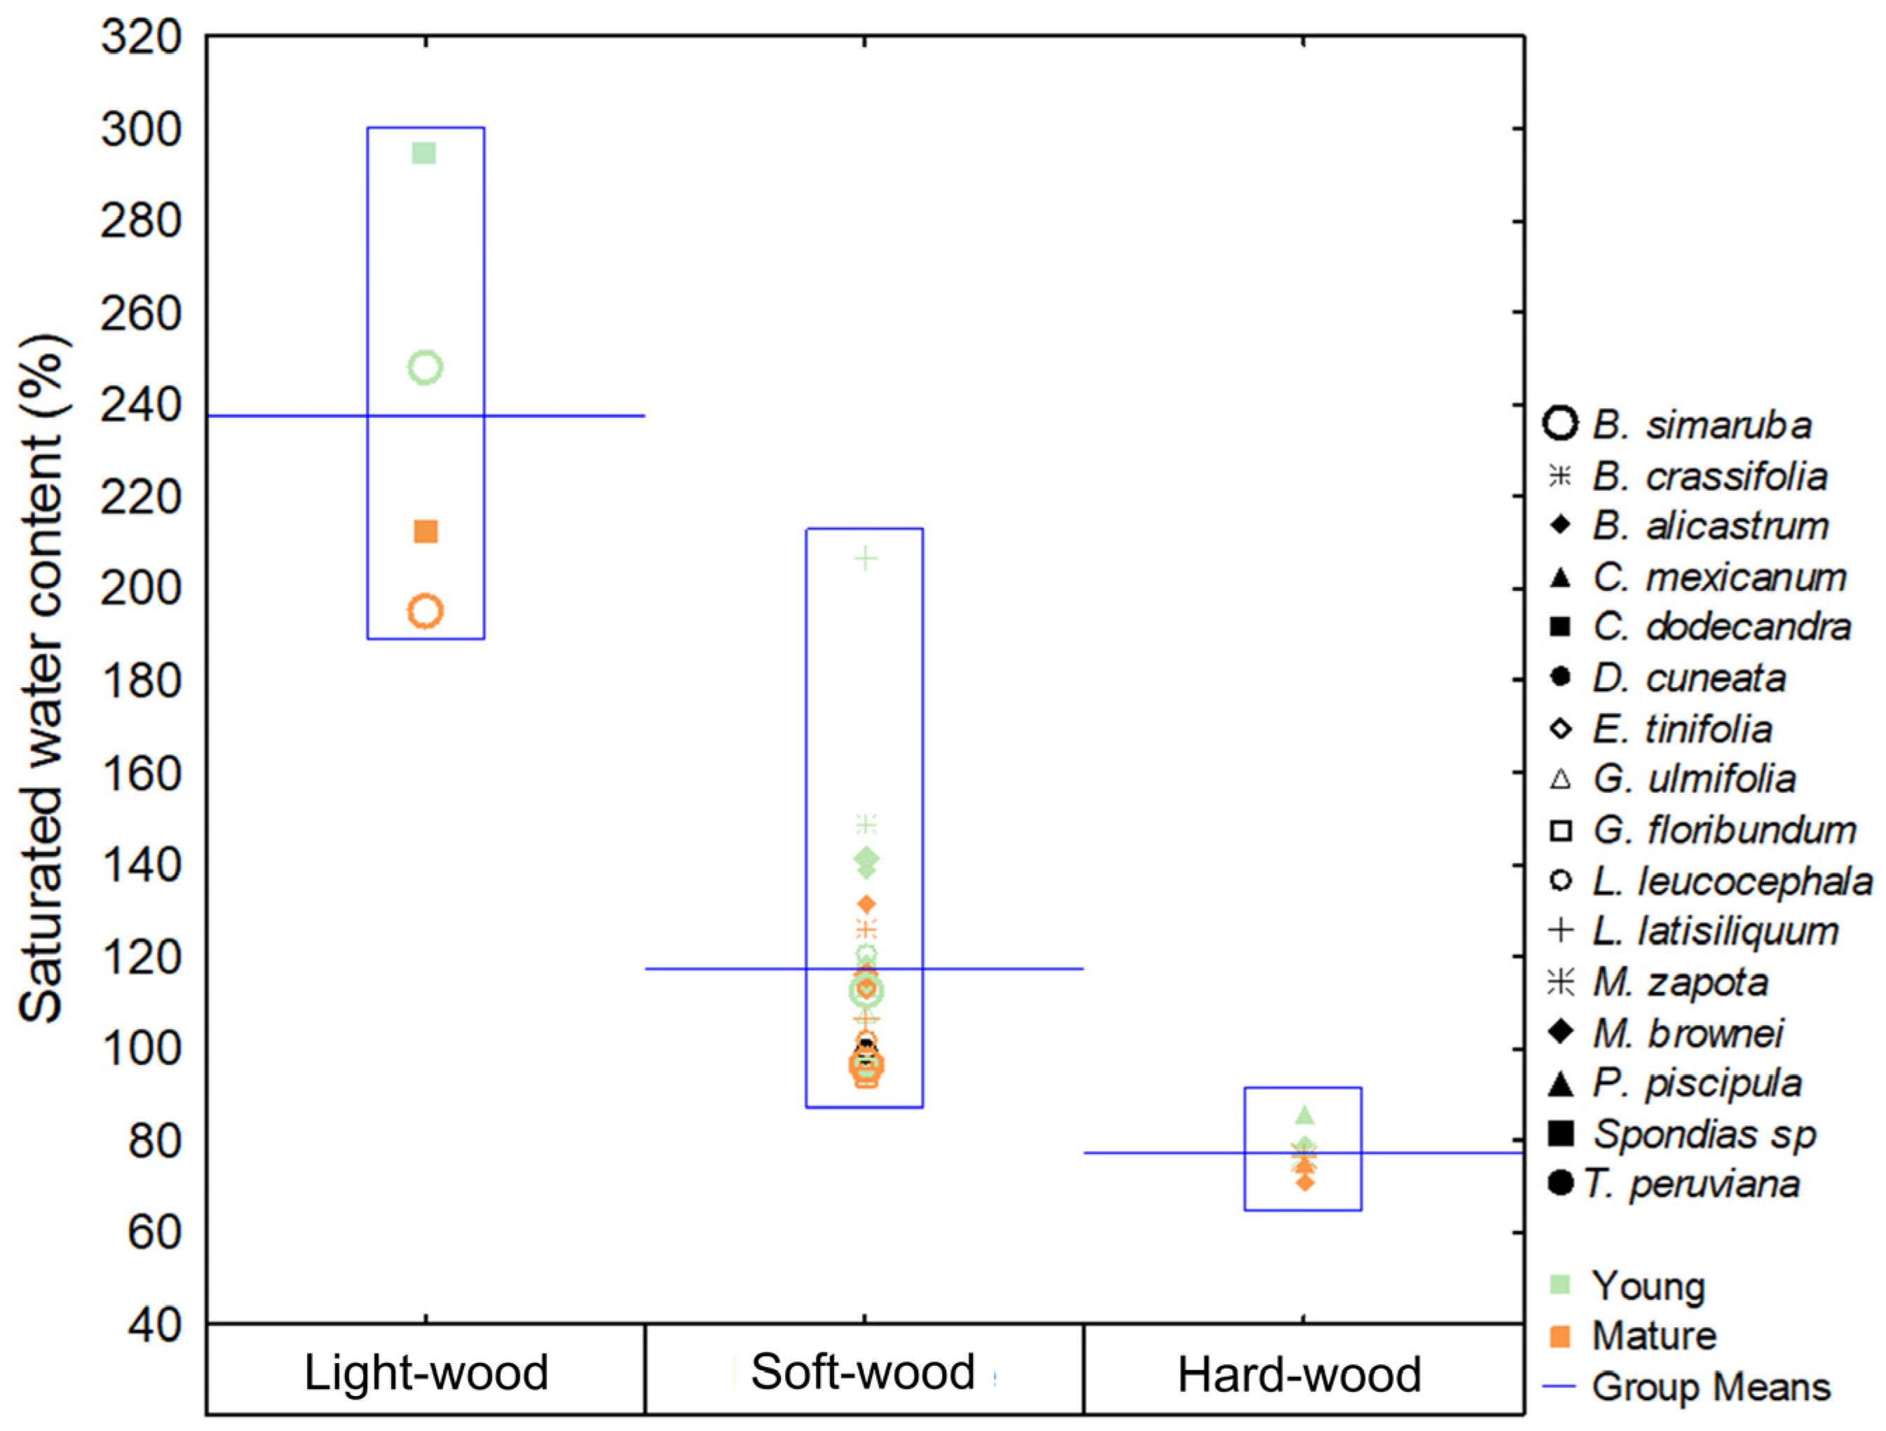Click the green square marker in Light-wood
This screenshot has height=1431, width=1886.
424,154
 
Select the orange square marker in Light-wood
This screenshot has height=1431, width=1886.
425,532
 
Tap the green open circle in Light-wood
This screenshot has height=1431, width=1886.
425,367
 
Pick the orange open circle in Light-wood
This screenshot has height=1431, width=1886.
425,611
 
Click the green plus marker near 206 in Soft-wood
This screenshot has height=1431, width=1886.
866,559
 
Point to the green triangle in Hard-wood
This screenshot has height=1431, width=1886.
1304,1115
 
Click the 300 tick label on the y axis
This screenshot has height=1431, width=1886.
142,130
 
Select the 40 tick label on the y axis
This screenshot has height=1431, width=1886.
154,1324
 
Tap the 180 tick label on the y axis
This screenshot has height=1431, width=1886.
142,681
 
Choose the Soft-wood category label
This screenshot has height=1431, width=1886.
863,1372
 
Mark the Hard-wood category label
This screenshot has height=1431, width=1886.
1299,1375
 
